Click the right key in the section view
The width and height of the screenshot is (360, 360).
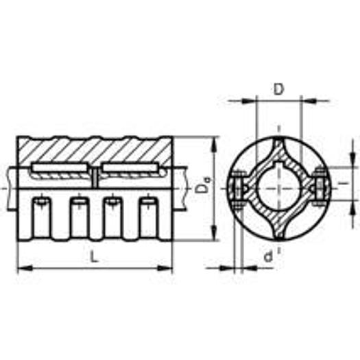click(129, 169)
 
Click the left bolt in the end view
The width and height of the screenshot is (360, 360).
click(239, 188)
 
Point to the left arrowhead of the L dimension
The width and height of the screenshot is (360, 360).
click(21, 267)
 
